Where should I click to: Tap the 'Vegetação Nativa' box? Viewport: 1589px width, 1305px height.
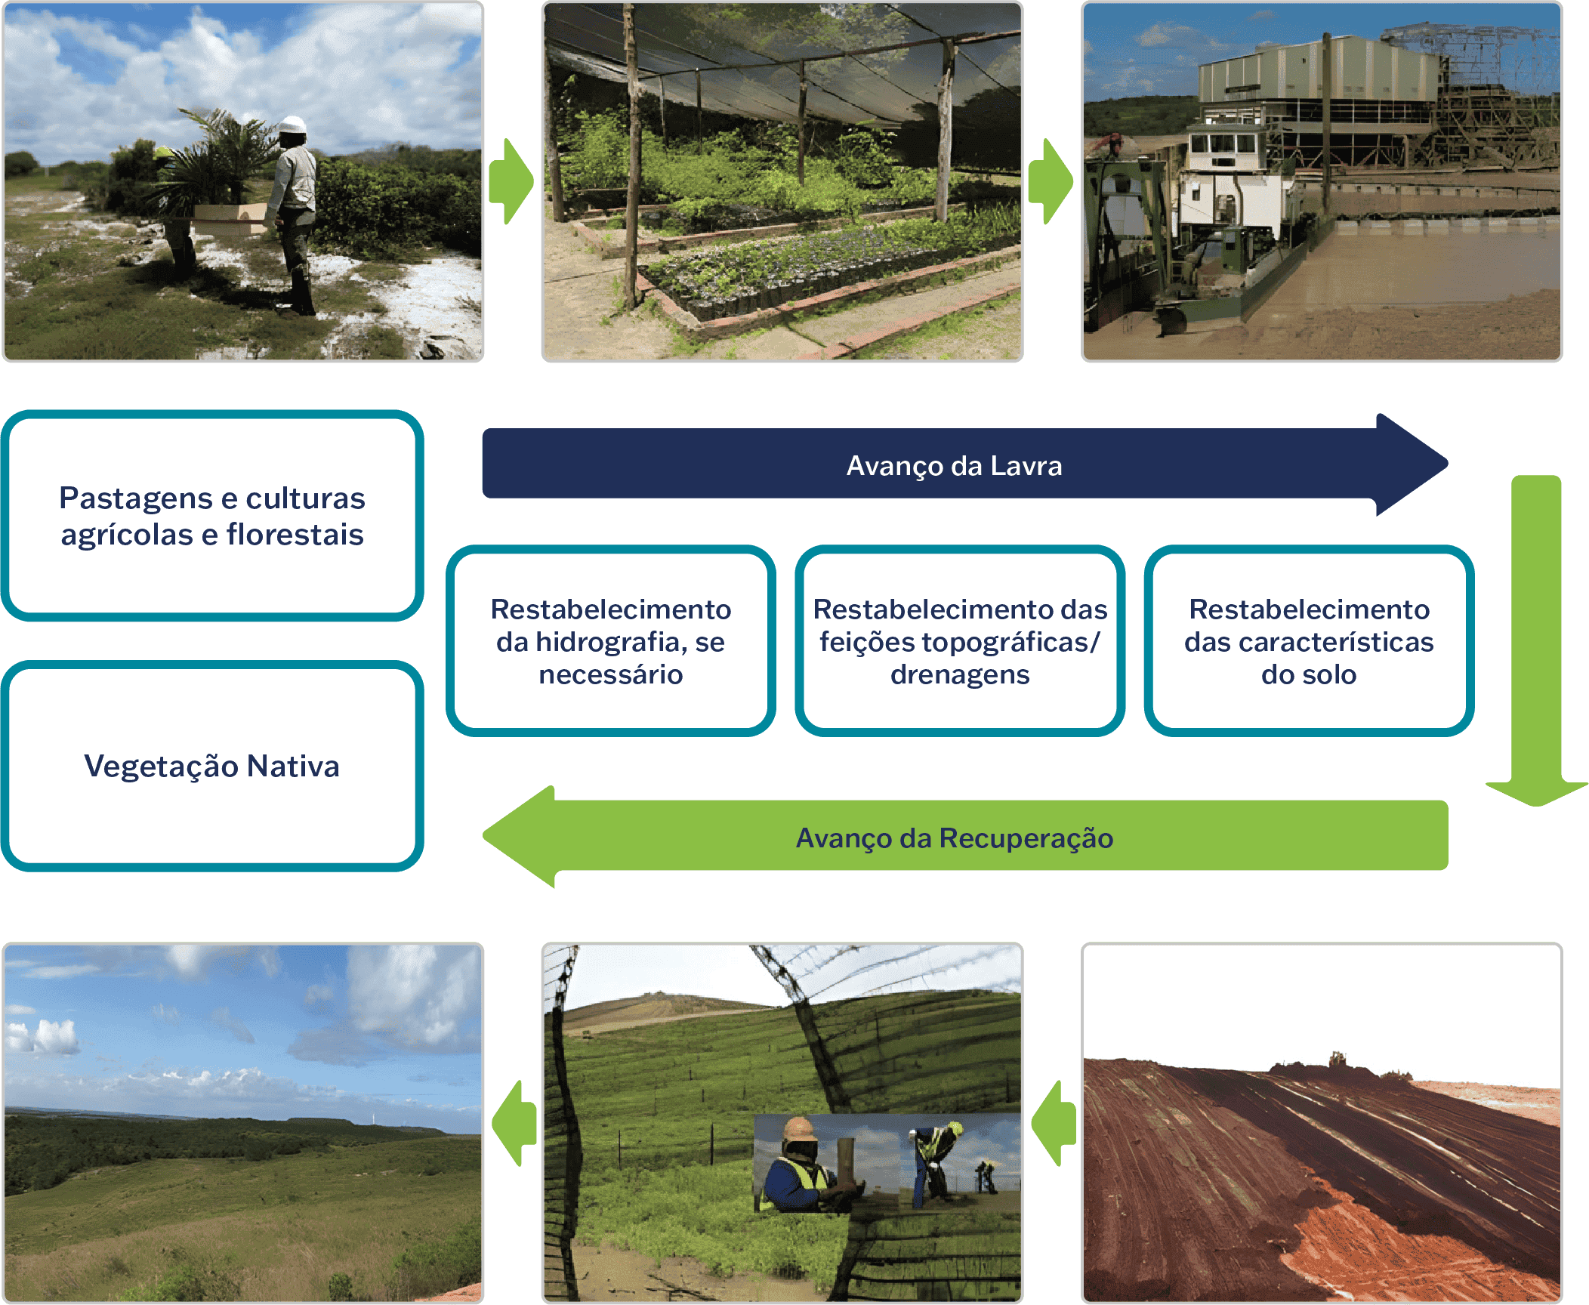point(211,766)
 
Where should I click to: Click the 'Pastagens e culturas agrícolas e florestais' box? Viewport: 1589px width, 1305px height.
point(211,516)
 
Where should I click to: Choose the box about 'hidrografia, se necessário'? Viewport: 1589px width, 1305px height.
point(610,640)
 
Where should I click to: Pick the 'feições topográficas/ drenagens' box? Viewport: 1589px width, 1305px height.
point(959,640)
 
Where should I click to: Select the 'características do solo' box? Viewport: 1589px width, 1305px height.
point(1309,640)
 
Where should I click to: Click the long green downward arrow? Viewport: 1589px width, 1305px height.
point(1536,642)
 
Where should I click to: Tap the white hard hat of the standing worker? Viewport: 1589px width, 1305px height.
point(292,125)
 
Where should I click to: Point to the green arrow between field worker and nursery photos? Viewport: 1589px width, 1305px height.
point(511,181)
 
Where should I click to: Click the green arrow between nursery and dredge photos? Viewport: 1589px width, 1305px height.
point(1051,181)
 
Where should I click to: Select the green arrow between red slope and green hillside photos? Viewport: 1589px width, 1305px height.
point(1054,1123)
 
